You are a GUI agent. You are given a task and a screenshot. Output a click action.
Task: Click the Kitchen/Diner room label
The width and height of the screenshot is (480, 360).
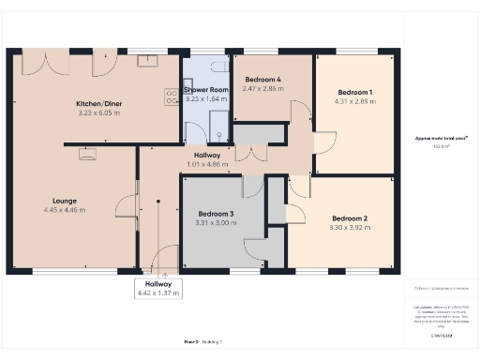pos(95,103)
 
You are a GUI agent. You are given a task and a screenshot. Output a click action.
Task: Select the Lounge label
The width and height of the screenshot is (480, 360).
pos(64,201)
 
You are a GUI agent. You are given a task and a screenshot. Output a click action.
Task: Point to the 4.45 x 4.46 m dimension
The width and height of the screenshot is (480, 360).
pos(64,210)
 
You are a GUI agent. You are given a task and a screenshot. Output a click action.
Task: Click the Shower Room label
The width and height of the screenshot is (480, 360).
pos(206,90)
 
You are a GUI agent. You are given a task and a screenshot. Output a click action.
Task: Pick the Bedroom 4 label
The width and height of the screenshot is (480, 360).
pos(262,80)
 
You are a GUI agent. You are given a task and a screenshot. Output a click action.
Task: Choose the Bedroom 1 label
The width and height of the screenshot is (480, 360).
pos(355,92)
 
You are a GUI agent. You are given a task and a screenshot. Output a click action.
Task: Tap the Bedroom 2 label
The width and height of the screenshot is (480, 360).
pos(349,218)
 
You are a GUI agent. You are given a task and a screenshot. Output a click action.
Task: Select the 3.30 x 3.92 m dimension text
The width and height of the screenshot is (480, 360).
pos(349,228)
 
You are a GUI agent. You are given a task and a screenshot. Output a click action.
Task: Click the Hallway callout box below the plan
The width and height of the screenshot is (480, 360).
pos(157,288)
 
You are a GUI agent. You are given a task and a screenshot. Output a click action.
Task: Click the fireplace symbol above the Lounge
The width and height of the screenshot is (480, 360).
pos(87,156)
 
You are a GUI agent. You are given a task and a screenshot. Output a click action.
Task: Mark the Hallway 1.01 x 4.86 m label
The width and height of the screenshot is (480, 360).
pos(206,160)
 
